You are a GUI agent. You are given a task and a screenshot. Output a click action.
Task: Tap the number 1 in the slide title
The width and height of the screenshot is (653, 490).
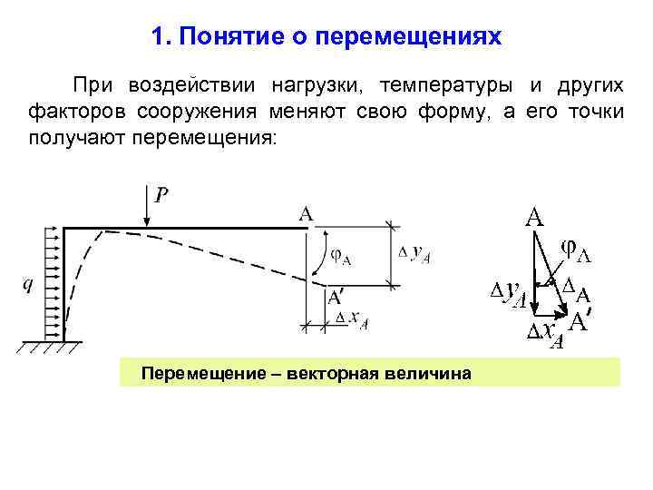(x=160, y=37)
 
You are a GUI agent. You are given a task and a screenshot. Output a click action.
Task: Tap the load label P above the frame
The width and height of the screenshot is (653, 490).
(x=161, y=194)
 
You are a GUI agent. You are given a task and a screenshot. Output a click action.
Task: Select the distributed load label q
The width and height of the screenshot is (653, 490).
(x=27, y=284)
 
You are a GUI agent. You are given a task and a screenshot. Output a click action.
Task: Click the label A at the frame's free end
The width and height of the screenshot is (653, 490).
(x=307, y=213)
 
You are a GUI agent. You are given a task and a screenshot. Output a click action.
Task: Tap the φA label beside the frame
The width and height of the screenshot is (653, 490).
(x=339, y=256)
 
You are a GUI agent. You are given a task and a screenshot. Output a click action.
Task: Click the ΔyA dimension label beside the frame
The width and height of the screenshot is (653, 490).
(x=414, y=253)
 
